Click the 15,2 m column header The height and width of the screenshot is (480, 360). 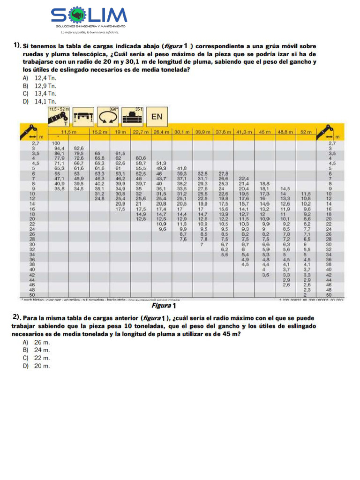point(99,132)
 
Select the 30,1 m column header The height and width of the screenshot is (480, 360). point(182,132)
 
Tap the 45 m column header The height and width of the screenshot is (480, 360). point(265,132)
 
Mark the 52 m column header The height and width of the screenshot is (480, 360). point(306,132)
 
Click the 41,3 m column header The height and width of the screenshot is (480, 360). point(244,132)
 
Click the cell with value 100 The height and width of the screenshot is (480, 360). point(56,142)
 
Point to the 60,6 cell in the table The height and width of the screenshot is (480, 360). point(141,158)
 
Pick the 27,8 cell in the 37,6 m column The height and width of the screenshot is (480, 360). point(224,173)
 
